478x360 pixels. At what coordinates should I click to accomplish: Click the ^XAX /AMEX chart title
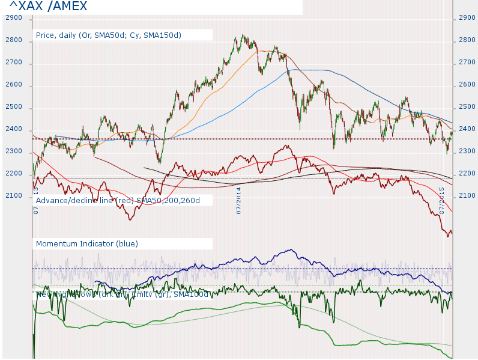48,7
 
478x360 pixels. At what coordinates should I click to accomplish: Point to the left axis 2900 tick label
13,18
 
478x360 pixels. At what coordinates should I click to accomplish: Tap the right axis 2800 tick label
467,40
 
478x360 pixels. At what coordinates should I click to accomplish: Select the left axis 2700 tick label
13,63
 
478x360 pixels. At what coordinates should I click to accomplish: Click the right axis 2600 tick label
467,85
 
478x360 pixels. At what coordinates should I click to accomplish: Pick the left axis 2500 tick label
13,107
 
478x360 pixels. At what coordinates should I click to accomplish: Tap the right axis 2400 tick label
467,129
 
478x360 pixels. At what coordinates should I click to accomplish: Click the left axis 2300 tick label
13,152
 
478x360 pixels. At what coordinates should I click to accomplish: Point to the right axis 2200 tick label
467,174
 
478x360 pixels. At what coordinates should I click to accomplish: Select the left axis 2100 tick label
13,196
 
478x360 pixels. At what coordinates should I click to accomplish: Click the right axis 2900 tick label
467,18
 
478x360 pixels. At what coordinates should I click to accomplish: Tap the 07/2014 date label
238,201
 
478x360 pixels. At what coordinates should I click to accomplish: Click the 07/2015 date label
441,201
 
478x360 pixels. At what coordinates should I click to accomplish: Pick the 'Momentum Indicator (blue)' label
87,243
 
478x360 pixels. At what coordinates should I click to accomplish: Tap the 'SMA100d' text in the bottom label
192,294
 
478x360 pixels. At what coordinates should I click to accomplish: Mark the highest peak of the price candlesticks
242,35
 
